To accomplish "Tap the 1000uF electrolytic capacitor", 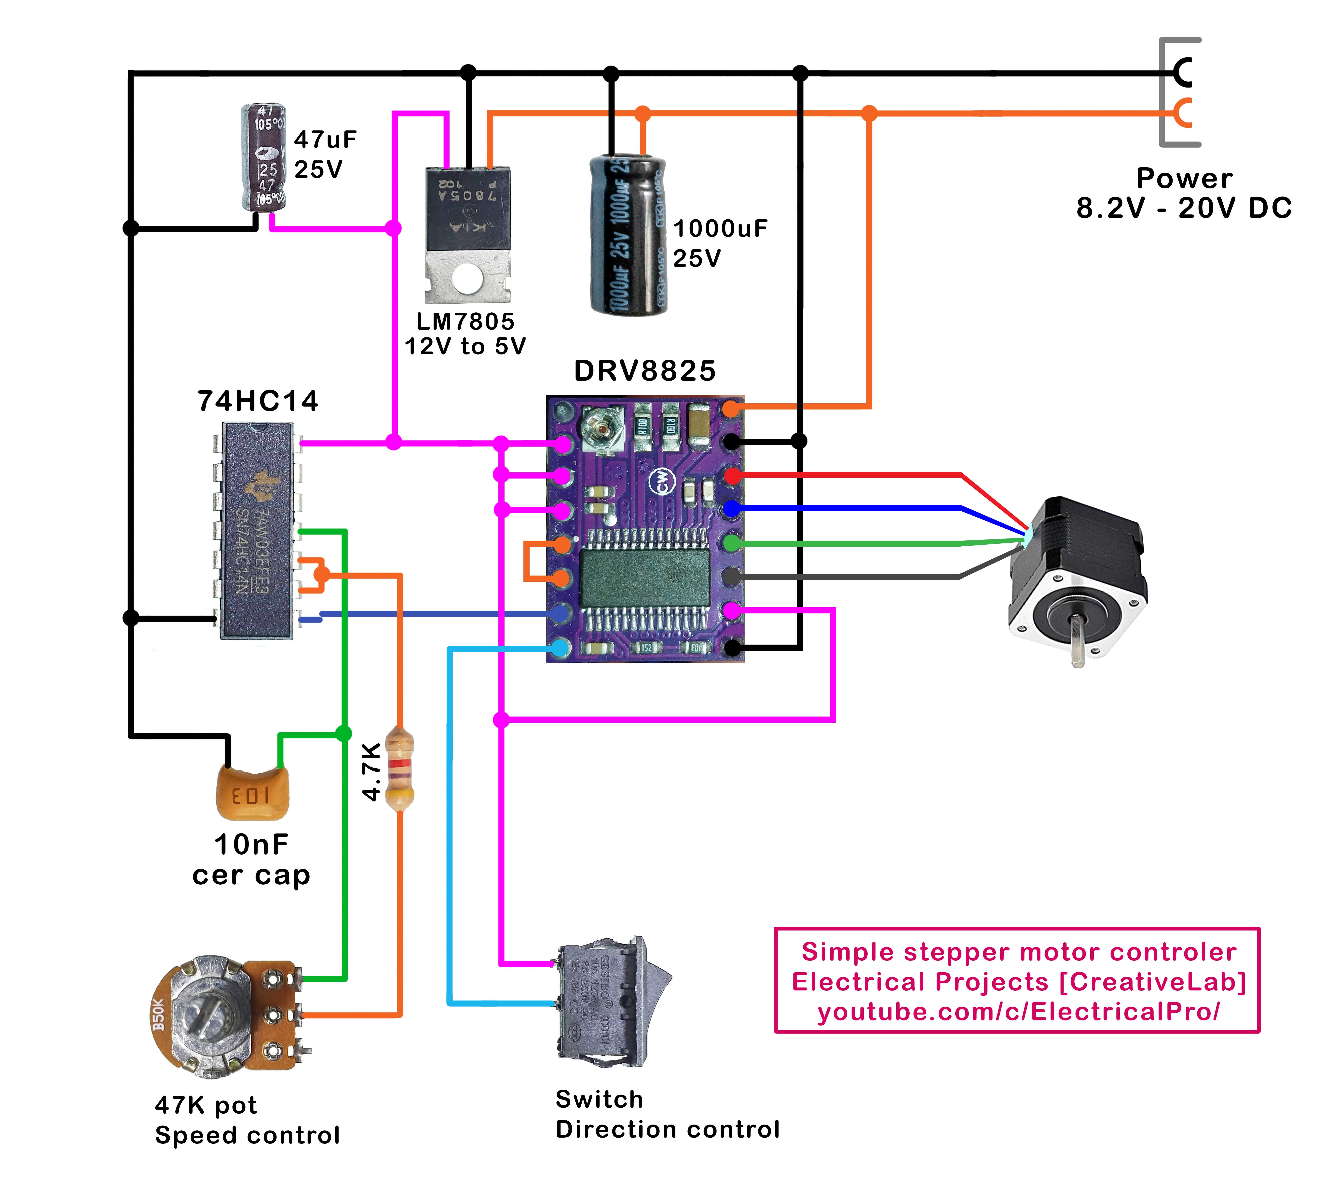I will tap(628, 234).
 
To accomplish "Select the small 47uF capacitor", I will tap(263, 158).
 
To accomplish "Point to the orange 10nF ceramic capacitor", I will tap(252, 794).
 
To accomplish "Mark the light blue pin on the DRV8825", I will tap(560, 648).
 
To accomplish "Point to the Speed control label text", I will tap(247, 1135).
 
